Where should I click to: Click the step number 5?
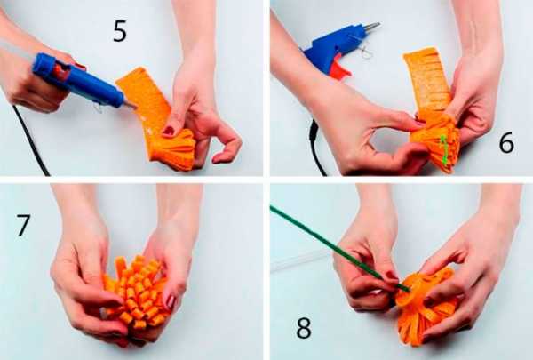pyautogui.click(x=120, y=31)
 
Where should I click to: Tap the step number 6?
pyautogui.click(x=506, y=143)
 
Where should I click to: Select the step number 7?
pyautogui.click(x=23, y=225)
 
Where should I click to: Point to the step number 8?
pyautogui.click(x=304, y=328)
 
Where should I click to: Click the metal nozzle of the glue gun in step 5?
pyautogui.click(x=129, y=105)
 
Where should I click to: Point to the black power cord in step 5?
pyautogui.click(x=30, y=140)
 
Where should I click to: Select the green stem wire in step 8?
pyautogui.click(x=340, y=249)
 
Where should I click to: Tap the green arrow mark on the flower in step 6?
pyautogui.click(x=444, y=149)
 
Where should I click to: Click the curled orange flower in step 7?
pyautogui.click(x=136, y=293)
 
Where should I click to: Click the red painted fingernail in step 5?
pyautogui.click(x=169, y=131)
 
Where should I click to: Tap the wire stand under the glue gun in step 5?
pyautogui.click(x=99, y=108)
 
